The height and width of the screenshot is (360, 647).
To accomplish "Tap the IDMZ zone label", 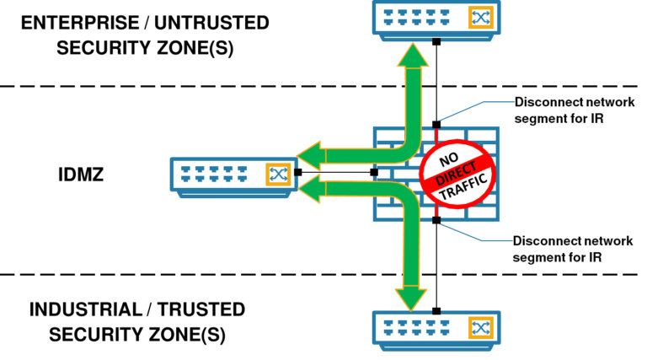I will [80, 178].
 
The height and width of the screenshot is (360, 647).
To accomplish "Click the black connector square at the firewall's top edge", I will [436, 125].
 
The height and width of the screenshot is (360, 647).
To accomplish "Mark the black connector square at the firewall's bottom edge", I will [436, 221].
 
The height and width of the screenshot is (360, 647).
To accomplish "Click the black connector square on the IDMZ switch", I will [297, 173].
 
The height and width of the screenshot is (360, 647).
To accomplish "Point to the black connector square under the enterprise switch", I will [436, 40].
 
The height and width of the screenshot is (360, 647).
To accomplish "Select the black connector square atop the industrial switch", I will [436, 309].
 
